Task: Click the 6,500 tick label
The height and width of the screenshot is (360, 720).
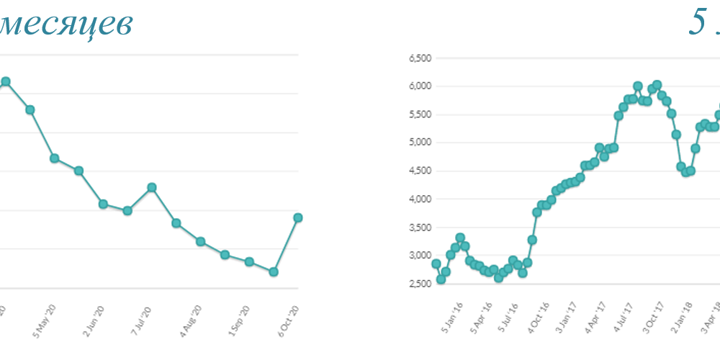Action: [419, 58]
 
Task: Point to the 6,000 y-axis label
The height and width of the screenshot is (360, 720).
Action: [419, 86]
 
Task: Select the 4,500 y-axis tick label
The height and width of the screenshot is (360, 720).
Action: [419, 171]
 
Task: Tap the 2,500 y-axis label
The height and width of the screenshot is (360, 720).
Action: [419, 284]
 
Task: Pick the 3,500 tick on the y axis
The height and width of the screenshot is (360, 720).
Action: [419, 228]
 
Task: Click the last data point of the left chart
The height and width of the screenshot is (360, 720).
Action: [297, 217]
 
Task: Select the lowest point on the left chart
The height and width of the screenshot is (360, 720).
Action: [274, 271]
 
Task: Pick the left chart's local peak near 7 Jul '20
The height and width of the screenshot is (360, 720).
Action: [151, 187]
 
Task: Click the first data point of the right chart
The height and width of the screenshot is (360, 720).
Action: [436, 264]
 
